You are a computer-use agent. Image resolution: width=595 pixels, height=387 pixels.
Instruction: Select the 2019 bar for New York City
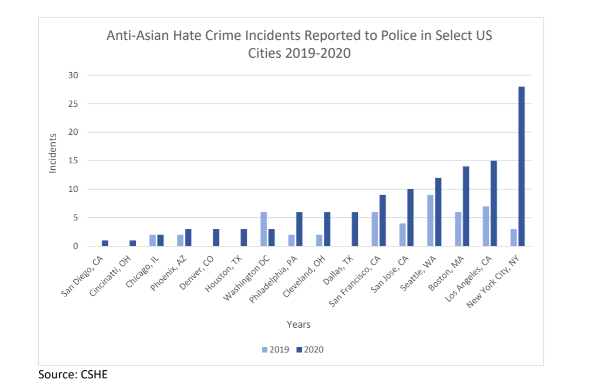(x=513, y=238)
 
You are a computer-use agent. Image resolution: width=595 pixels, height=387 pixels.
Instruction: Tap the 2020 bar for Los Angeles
(x=494, y=203)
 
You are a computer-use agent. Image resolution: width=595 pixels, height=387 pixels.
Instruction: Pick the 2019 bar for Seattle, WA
(x=430, y=220)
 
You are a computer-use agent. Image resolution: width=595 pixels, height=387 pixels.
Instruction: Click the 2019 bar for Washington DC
(x=264, y=229)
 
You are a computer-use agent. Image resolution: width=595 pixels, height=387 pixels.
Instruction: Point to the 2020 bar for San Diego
(x=105, y=243)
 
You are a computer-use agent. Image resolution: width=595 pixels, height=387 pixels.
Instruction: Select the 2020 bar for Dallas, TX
(x=355, y=229)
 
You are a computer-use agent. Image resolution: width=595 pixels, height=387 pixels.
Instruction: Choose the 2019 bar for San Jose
(x=402, y=235)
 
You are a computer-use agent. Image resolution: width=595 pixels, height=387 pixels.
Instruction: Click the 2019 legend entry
(x=275, y=349)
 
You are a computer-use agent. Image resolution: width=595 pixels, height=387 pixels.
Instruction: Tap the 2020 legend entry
(x=310, y=349)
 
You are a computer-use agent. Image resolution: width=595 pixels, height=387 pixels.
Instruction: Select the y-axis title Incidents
(x=53, y=154)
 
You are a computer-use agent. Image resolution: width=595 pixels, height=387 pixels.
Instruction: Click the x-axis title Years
(x=299, y=324)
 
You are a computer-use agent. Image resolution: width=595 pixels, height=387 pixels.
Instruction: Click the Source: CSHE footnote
(x=73, y=374)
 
